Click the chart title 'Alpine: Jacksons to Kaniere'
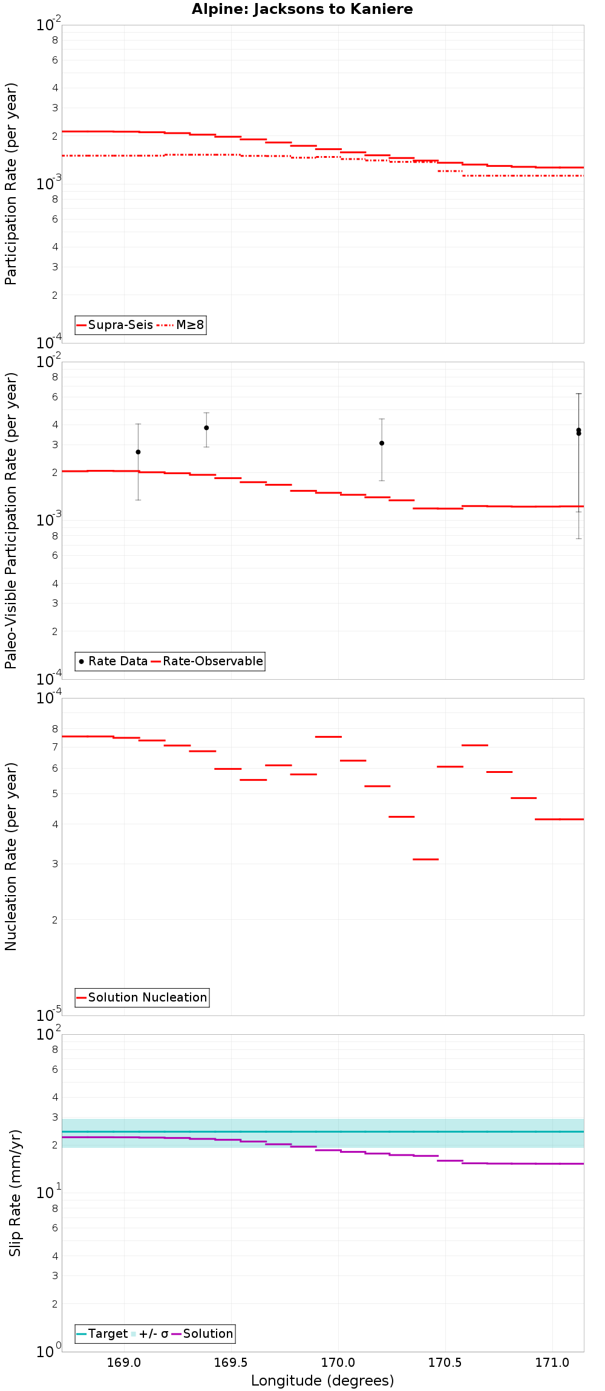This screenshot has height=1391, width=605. (302, 9)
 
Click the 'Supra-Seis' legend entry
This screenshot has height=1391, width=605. (120, 325)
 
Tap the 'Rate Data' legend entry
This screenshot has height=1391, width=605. (117, 661)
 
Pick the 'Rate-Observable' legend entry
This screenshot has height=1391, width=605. (212, 661)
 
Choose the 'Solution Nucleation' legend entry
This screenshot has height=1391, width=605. (147, 997)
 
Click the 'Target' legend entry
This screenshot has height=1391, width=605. (108, 1334)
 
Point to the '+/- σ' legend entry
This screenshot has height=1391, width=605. (153, 1334)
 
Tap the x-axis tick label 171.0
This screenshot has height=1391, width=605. (552, 1363)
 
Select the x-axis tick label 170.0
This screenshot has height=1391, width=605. (338, 1363)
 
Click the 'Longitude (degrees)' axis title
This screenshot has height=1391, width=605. (322, 1381)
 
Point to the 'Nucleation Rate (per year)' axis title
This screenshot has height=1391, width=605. (11, 856)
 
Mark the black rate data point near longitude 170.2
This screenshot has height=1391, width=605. (382, 443)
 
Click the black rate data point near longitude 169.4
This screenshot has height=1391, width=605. (206, 428)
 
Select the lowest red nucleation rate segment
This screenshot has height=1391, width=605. (426, 859)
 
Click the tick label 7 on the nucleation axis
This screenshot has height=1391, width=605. (55, 747)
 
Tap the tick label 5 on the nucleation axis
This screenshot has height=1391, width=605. (55, 793)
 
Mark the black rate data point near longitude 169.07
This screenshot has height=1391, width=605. (138, 452)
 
